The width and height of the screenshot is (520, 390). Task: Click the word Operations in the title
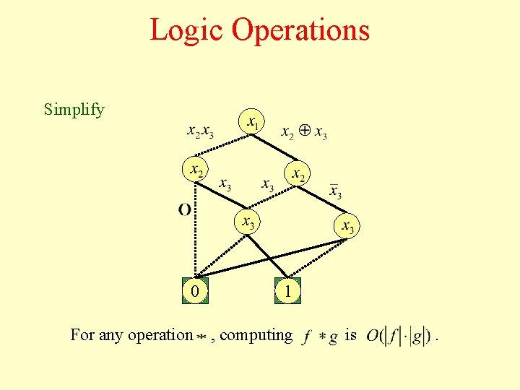(x=301, y=30)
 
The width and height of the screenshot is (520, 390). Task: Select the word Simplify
(x=74, y=110)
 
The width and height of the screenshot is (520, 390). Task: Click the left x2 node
(x=194, y=170)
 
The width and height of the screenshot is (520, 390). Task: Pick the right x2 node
(x=296, y=174)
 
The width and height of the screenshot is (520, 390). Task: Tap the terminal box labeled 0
(x=193, y=290)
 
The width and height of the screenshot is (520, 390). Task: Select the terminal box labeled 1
(x=287, y=290)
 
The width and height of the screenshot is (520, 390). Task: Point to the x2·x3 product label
(x=201, y=132)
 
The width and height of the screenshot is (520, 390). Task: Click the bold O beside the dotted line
(x=185, y=209)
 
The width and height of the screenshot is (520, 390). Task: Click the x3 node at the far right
(x=347, y=227)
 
